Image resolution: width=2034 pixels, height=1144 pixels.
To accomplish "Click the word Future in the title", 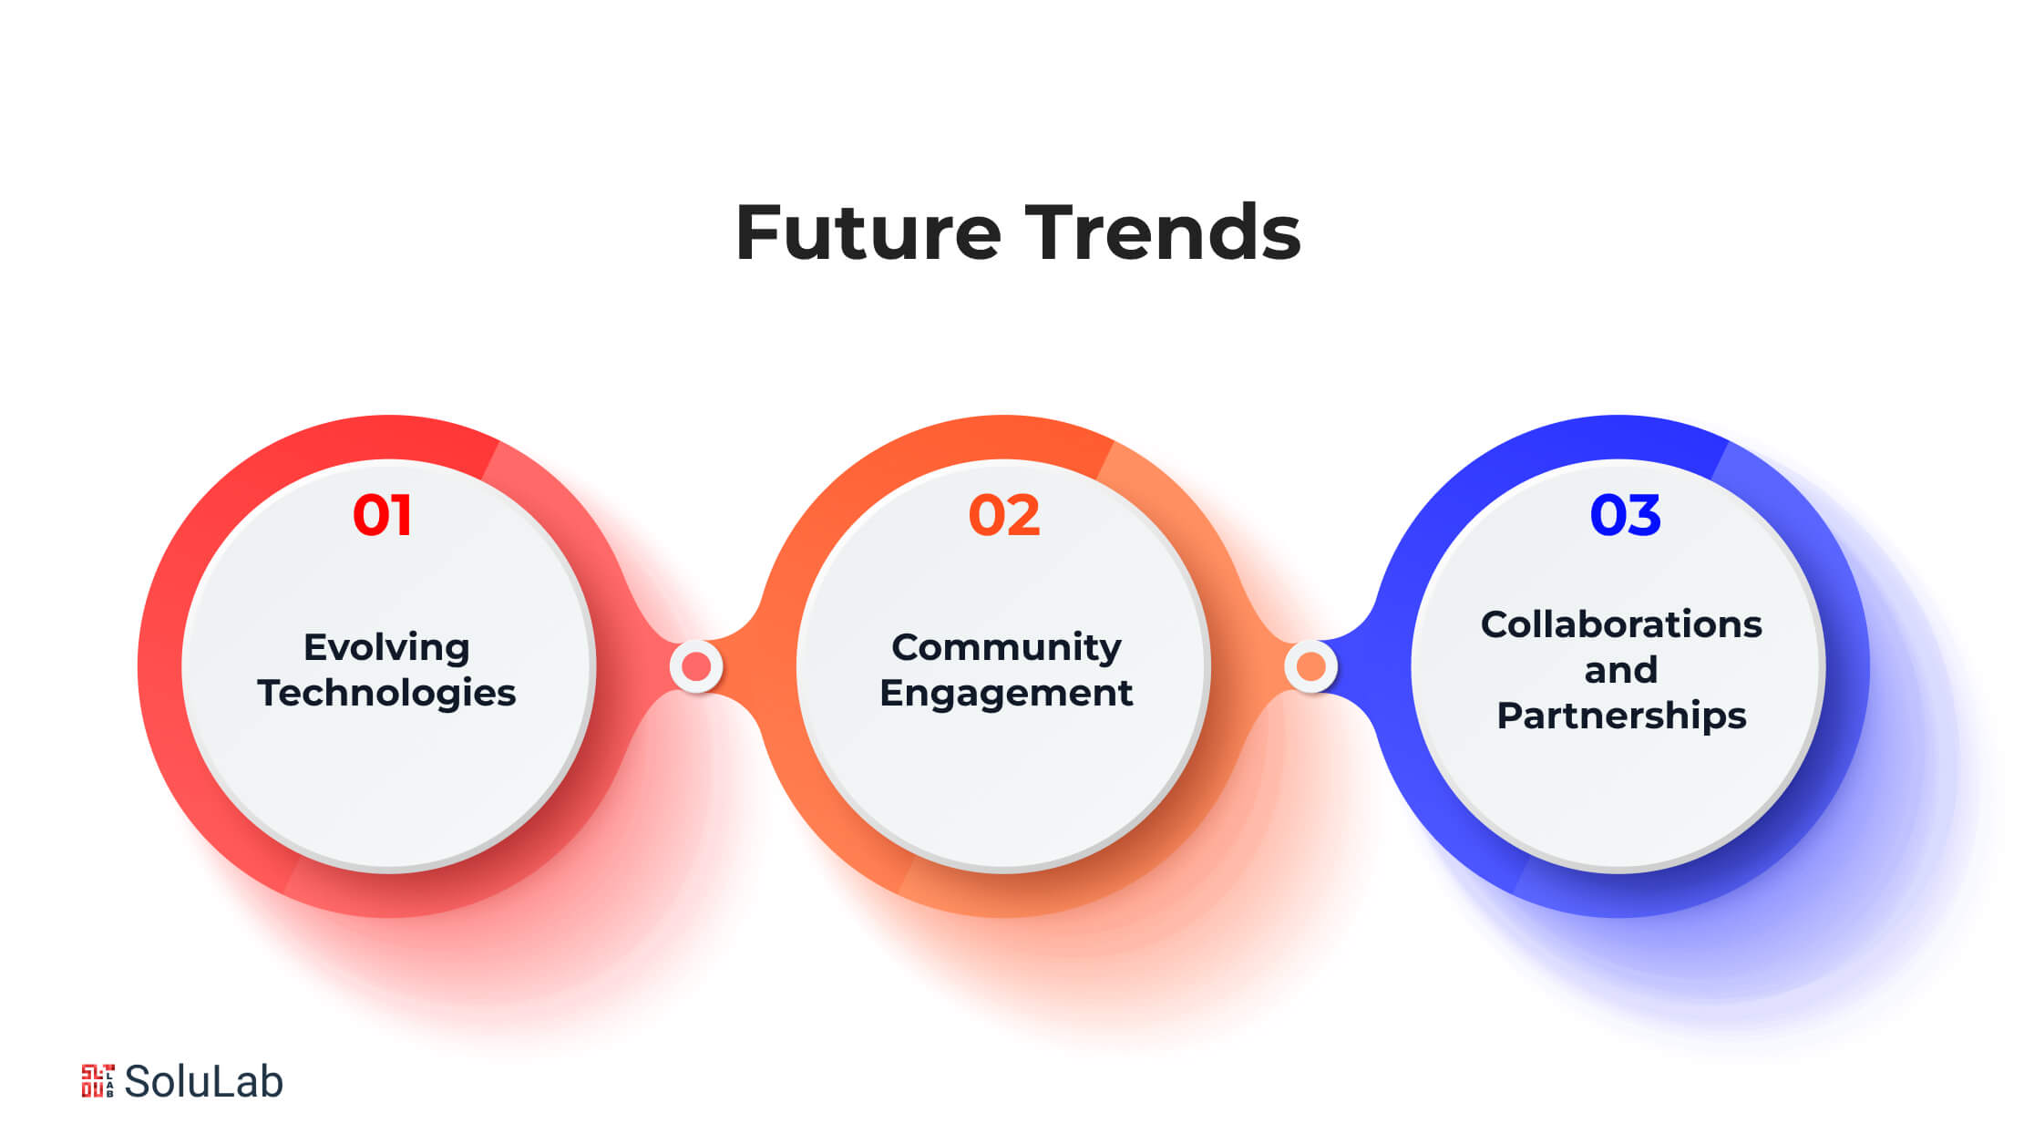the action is coord(868,232).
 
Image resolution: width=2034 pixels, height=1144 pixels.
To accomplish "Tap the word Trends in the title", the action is coord(1163,232).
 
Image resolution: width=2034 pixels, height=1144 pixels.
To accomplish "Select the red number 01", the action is coord(383,515).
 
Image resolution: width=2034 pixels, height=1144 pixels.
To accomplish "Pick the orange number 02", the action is coord(1004,515).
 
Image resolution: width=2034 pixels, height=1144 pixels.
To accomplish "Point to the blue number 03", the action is coord(1625,515).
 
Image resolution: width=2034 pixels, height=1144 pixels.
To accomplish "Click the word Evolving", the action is coord(386,648).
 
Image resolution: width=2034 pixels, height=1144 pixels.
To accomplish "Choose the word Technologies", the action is coord(386,694).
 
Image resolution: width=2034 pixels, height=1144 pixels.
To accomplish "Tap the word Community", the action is coord(1006,648).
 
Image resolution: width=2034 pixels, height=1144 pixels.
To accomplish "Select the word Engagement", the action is coord(1006,694).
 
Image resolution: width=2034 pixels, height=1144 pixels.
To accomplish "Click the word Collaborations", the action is coord(1621,625).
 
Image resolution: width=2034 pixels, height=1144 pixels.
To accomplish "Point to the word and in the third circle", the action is coord(1621,671).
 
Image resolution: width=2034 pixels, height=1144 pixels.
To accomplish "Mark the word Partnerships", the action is coord(1621,716).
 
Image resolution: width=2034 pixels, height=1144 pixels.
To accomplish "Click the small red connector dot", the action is coord(696,666).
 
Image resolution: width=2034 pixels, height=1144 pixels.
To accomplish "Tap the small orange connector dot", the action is coord(1310,666).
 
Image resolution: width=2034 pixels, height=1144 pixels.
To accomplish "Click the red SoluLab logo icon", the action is coord(98,1081).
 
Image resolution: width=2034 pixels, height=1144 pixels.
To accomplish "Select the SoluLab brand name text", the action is coord(203,1082).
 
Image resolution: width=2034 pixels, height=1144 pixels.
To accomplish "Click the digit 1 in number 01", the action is coord(402,515).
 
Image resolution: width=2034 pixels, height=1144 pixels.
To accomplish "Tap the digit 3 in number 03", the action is coord(1645,515).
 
